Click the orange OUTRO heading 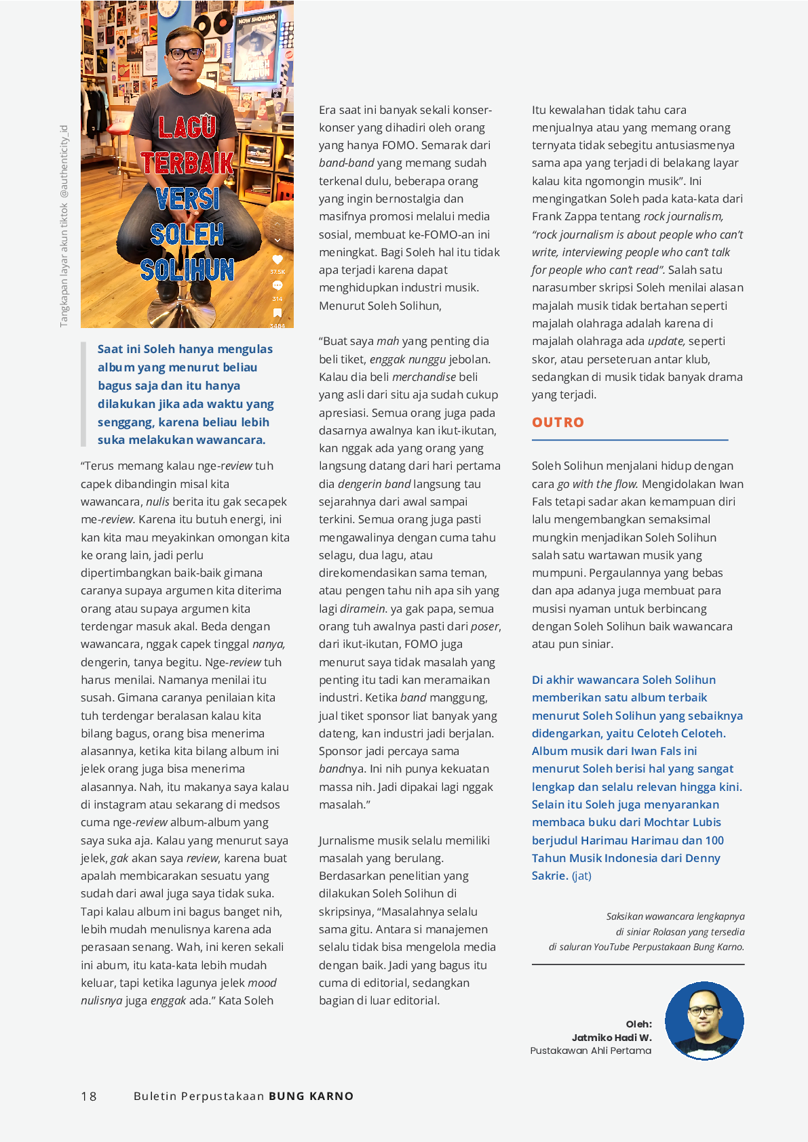pos(558,422)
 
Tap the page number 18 pos(89,1096)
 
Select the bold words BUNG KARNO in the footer pos(311,1096)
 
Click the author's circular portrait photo pos(704,1021)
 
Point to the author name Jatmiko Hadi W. pos(611,1038)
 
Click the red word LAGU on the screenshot pos(187,127)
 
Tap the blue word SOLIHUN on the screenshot pos(187,270)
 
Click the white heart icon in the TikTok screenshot pos(277,260)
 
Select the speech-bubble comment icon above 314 pos(277,286)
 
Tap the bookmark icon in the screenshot pos(277,313)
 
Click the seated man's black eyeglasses pos(185,54)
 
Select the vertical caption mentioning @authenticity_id pos(64,226)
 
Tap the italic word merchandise pos(424,377)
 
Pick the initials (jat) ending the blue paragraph pos(581,876)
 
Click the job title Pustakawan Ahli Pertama pos(590,1051)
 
